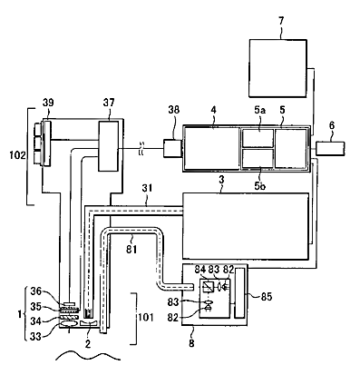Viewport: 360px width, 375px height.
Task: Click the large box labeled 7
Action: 277,68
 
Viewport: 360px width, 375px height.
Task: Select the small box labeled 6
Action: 330,149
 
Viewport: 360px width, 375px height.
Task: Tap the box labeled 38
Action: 172,148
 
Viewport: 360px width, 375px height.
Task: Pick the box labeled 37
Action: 108,146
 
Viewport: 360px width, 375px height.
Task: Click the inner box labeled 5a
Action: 258,138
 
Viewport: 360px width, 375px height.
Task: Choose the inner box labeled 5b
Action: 258,158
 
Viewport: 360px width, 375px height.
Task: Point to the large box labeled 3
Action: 246,226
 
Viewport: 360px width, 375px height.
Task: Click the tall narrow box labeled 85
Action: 239,293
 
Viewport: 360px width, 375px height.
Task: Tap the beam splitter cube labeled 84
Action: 208,285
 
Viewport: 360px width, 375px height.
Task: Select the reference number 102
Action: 18,155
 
